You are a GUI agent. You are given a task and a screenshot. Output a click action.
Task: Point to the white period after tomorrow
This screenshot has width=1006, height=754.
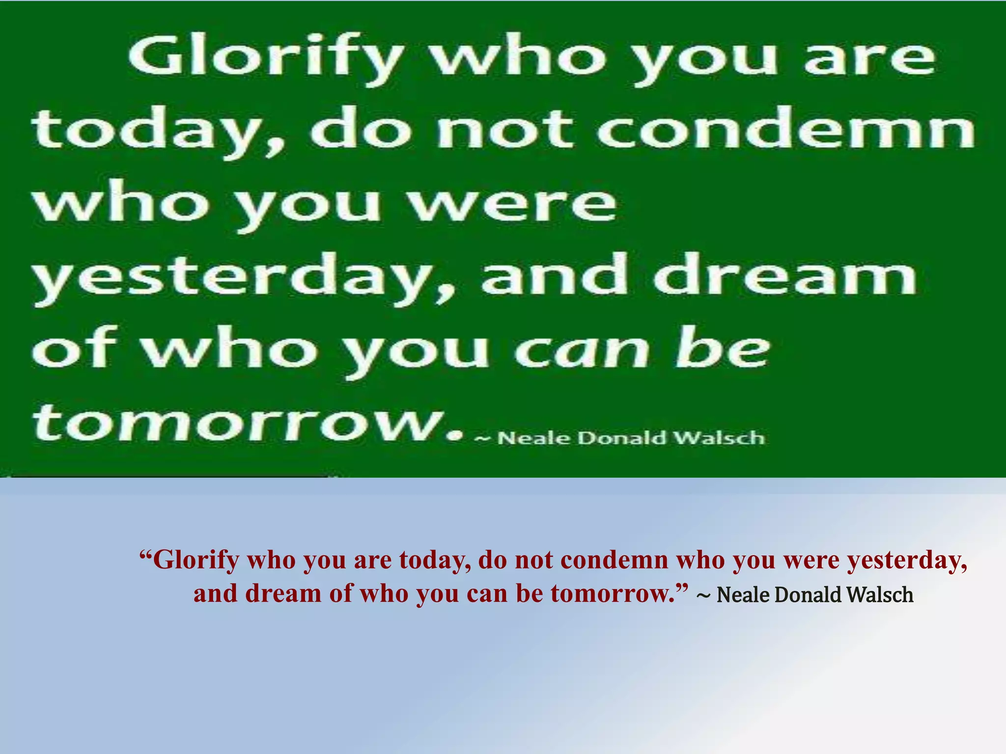456,435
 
